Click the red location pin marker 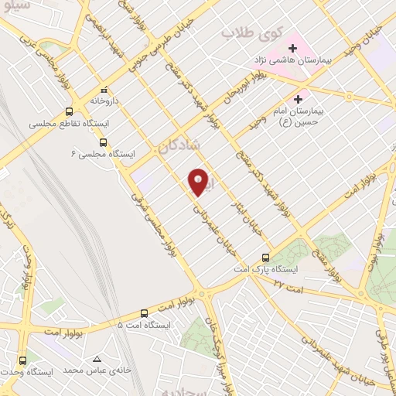(x=199, y=182)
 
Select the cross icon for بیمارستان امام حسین (x=299, y=99)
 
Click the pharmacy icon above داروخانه (x=104, y=89)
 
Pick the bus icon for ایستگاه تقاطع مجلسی (x=70, y=111)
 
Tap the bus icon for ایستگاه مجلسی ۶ (x=104, y=142)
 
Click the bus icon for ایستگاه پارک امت (x=266, y=257)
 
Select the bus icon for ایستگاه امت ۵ (x=145, y=312)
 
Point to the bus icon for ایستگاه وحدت (x=22, y=360)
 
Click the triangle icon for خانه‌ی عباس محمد (x=97, y=359)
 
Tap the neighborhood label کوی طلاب (x=244, y=33)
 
